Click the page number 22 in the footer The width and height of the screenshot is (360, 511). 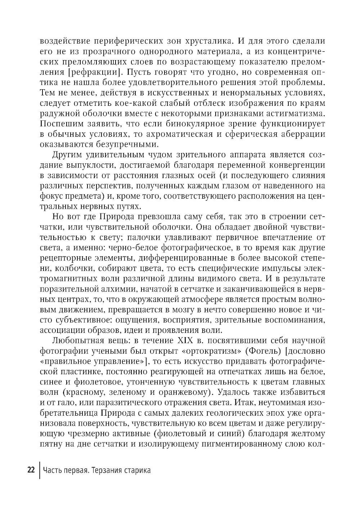tap(31, 470)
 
